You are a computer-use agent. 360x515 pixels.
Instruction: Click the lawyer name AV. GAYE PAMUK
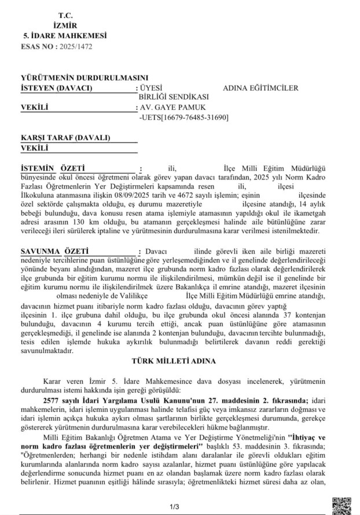coord(172,107)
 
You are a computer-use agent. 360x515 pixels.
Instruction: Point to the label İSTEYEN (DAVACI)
coord(57,88)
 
